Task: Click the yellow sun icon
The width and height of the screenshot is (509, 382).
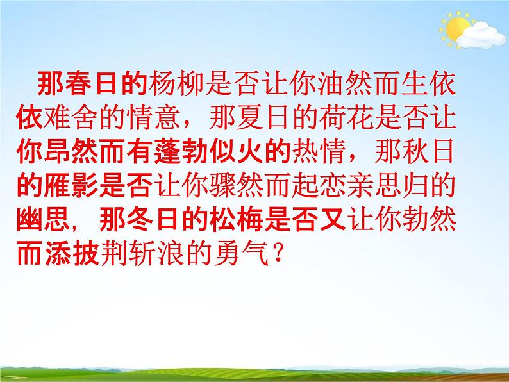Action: [x=458, y=29]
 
